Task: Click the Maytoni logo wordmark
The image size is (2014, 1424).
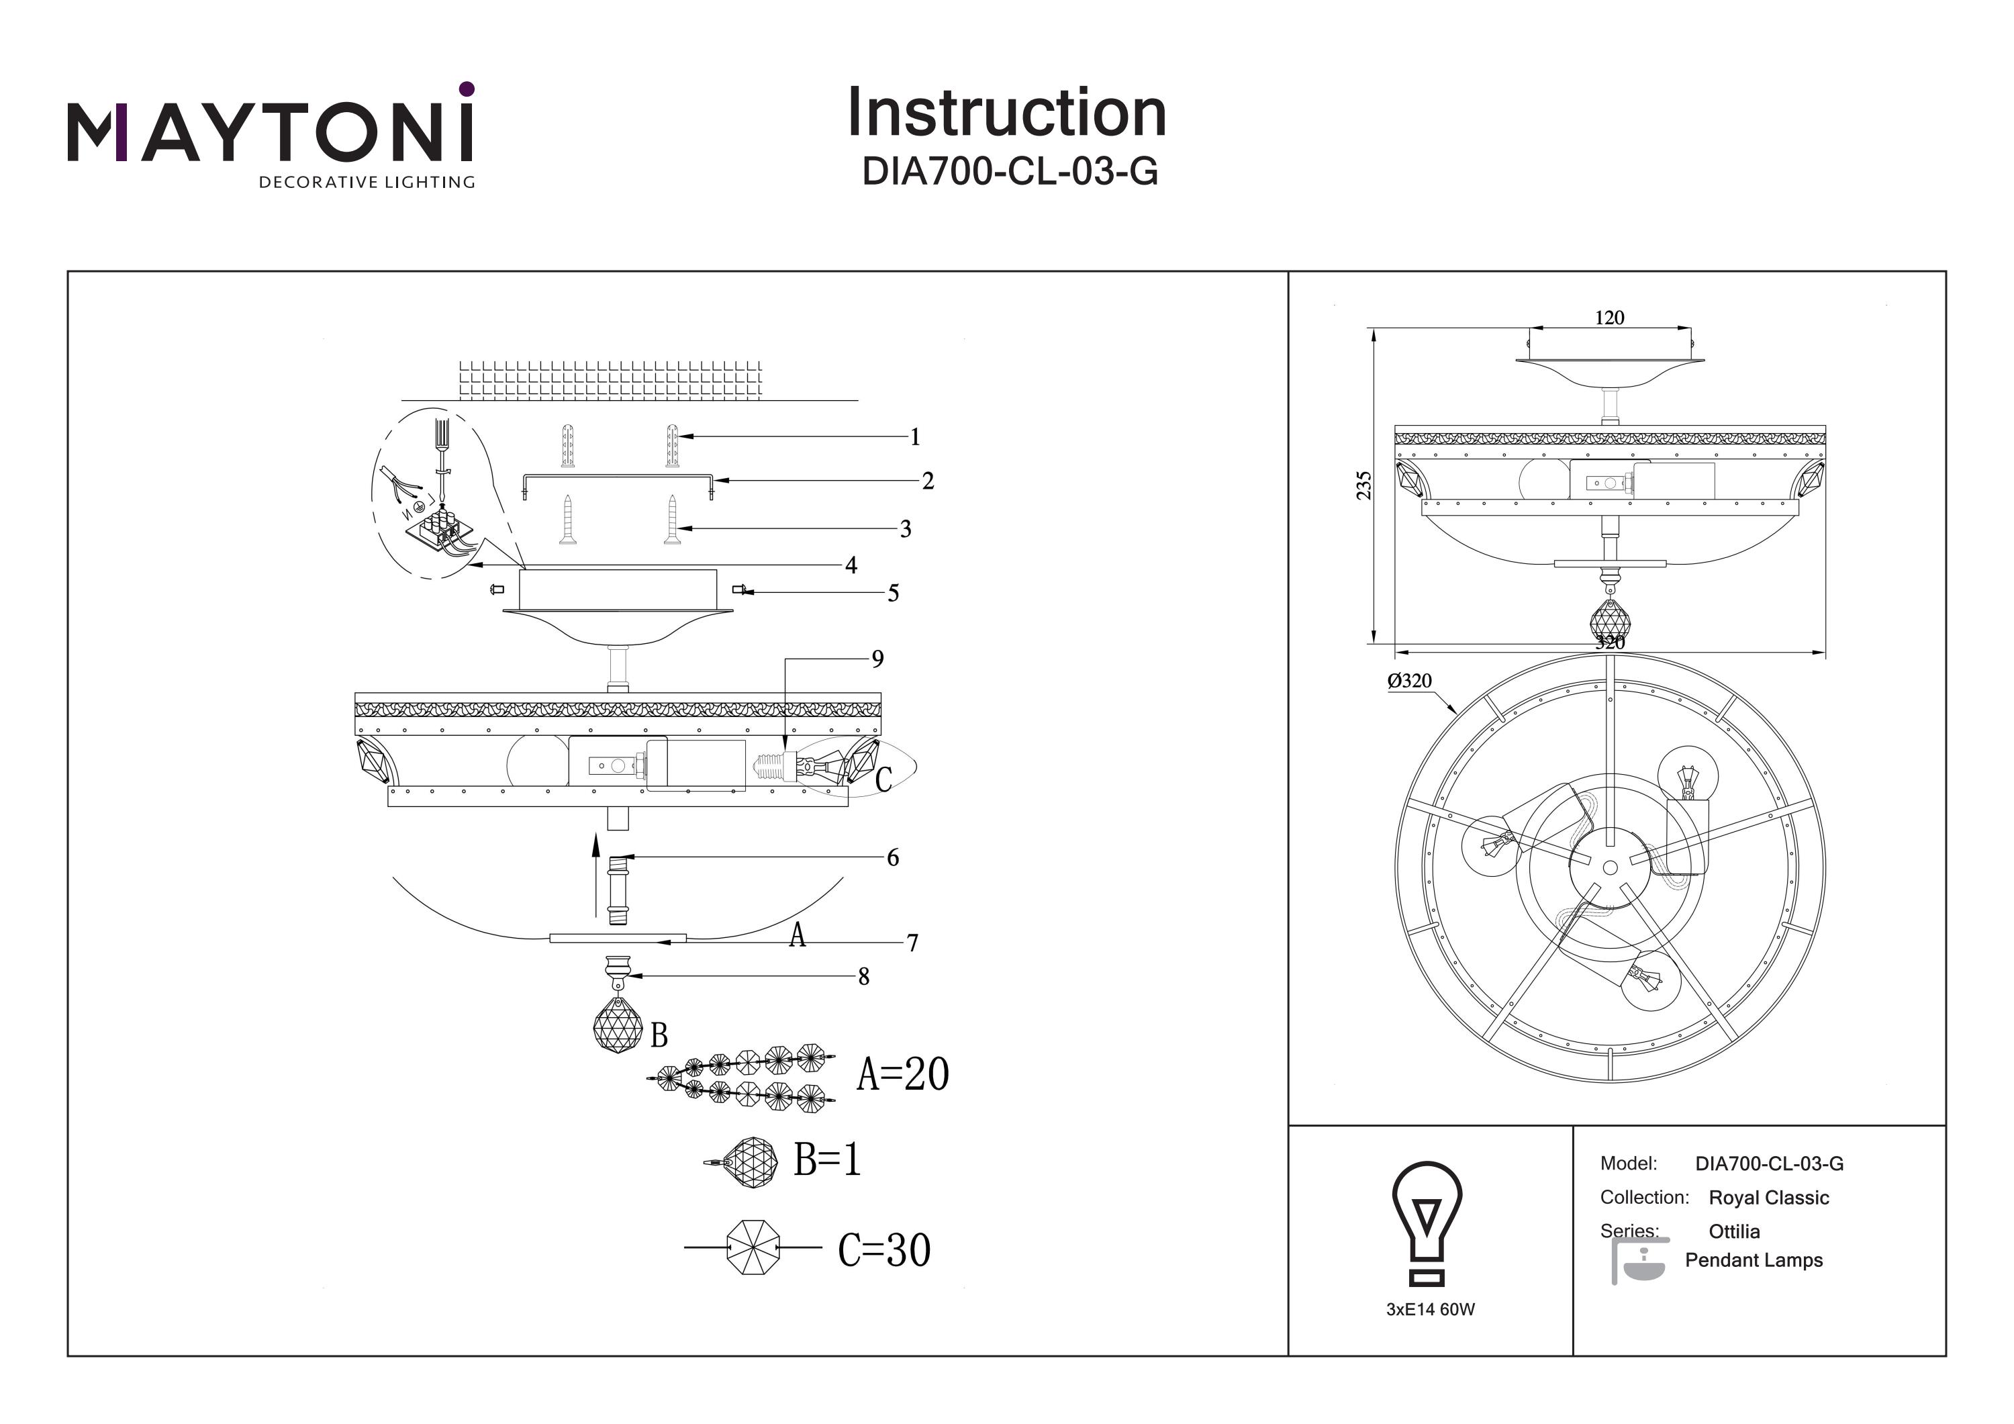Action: tap(270, 132)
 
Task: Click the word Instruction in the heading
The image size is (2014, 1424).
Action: tap(1006, 113)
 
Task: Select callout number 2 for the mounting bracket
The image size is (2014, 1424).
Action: tap(927, 481)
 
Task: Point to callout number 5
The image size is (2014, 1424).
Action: tap(893, 593)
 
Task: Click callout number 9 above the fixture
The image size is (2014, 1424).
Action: tap(877, 659)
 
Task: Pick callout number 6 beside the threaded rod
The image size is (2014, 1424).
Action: tap(892, 857)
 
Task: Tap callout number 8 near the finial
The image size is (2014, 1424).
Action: tap(863, 977)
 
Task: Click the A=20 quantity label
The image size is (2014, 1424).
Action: tap(903, 1074)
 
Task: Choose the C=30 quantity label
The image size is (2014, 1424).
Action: tap(883, 1250)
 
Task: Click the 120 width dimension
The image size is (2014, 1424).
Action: tap(1609, 318)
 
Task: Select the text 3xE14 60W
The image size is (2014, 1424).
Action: tap(1430, 1310)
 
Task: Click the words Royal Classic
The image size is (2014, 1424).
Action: tap(1768, 1198)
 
